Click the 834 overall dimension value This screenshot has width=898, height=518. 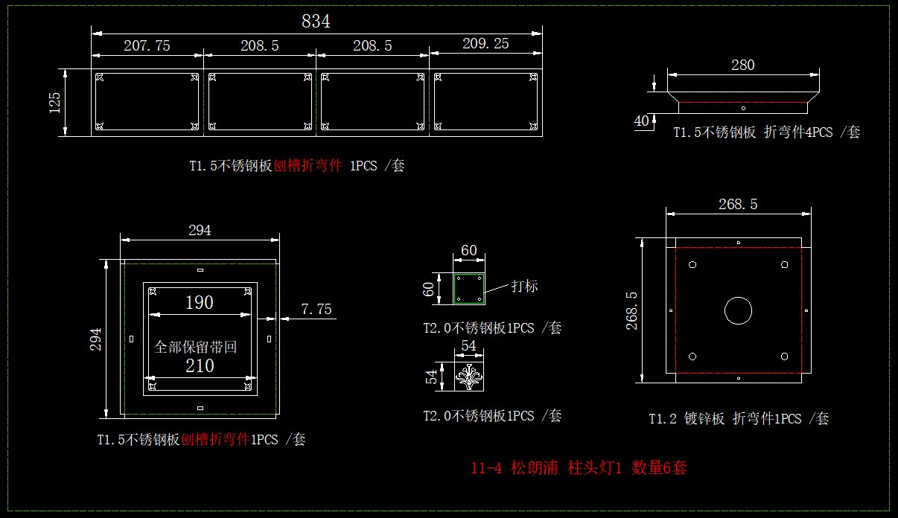pos(316,22)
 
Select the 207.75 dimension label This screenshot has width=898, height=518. pos(147,45)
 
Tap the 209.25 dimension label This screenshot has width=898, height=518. pos(485,44)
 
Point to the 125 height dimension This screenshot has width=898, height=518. pos(55,103)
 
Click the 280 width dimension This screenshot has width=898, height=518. pos(742,65)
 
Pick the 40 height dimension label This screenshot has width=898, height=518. pos(642,121)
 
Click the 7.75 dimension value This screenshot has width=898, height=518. pos(316,309)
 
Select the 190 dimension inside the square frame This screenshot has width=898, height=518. pos(199,302)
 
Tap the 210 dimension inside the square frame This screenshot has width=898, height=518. pos(199,365)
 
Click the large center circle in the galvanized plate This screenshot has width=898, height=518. pos(738,311)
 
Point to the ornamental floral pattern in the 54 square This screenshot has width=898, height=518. pos(469,377)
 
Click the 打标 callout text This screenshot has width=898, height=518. pos(524,286)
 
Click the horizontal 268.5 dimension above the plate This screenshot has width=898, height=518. pos(737,204)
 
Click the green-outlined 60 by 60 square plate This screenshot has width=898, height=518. pos(469,289)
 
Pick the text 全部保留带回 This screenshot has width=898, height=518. pos(195,347)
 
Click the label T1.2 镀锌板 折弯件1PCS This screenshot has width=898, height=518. pos(738,418)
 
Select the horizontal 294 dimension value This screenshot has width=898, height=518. pos(200,230)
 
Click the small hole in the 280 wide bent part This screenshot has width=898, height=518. pos(743,108)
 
